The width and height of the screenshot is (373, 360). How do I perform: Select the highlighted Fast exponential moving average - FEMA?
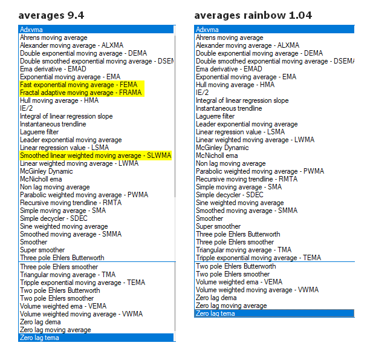79,85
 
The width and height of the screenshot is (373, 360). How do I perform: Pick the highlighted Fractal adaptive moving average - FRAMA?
81,93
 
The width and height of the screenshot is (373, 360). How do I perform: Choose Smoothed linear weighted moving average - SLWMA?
95,155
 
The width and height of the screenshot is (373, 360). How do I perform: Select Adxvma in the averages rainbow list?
207,29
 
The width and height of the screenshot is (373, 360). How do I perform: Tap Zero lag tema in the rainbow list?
215,313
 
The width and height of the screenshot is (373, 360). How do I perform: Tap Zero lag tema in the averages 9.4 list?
39,338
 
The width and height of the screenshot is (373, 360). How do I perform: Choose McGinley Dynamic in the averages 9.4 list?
46,171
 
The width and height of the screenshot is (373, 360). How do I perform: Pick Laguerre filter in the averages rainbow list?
215,116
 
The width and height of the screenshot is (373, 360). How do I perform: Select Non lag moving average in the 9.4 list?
55,187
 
